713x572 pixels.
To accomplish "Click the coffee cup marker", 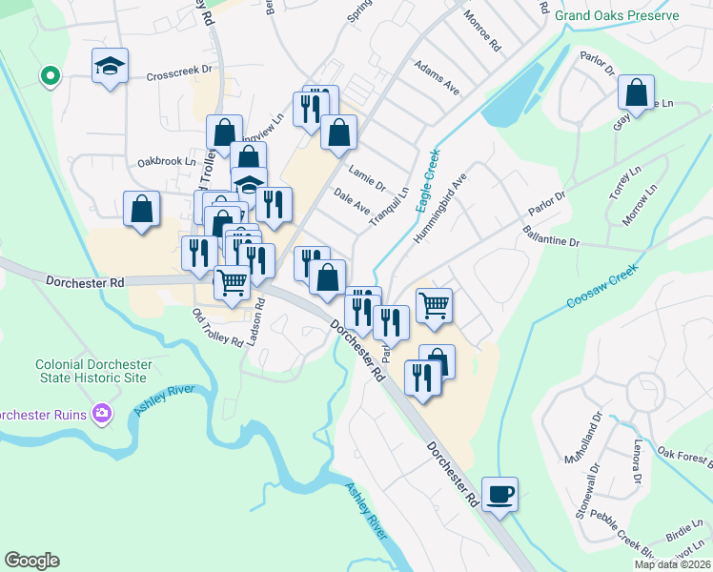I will point(499,495).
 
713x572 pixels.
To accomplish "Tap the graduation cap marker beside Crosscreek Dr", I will point(111,67).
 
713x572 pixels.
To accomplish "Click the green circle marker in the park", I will point(50,75).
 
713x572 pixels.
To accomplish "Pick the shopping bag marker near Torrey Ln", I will point(636,93).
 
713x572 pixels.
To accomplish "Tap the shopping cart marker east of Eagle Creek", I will point(434,305).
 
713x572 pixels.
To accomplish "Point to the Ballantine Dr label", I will point(551,236).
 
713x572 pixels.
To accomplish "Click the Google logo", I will point(31,561).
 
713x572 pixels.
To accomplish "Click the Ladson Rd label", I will point(255,322).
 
